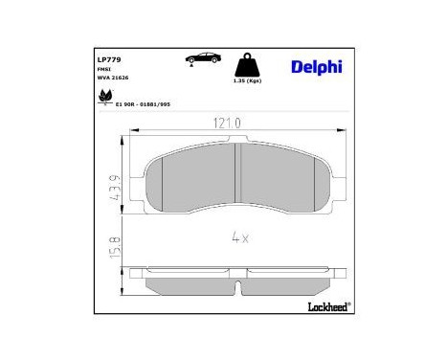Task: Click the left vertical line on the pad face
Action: (163, 182)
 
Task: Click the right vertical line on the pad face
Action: (310, 182)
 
